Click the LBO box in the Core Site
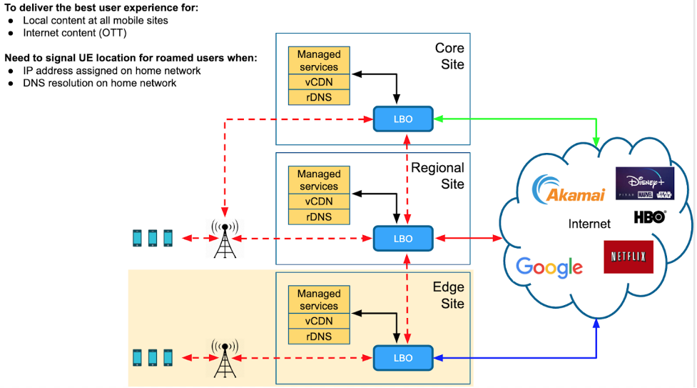[x=403, y=119]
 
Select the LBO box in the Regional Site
[x=403, y=238]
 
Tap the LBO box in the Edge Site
[x=403, y=357]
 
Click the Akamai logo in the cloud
[x=569, y=189]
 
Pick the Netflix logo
[x=629, y=257]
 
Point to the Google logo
[x=549, y=267]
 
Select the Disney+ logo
[x=645, y=183]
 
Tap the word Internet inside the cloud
[x=589, y=224]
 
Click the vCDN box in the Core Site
[x=319, y=82]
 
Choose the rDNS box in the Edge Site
[x=319, y=337]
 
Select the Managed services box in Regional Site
[x=319, y=180]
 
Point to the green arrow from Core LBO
[x=514, y=119]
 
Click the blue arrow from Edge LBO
[x=514, y=357]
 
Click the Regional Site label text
[x=437, y=176]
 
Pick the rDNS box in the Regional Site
[x=319, y=217]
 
